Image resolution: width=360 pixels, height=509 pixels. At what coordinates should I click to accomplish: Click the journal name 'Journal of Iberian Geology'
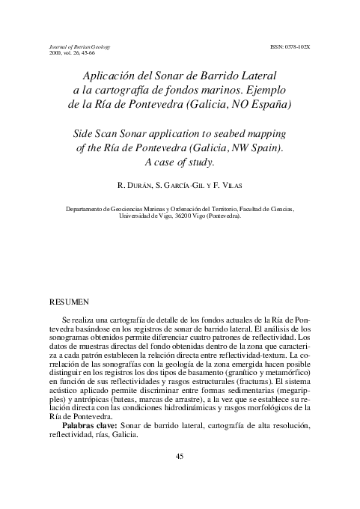click(x=79, y=46)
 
